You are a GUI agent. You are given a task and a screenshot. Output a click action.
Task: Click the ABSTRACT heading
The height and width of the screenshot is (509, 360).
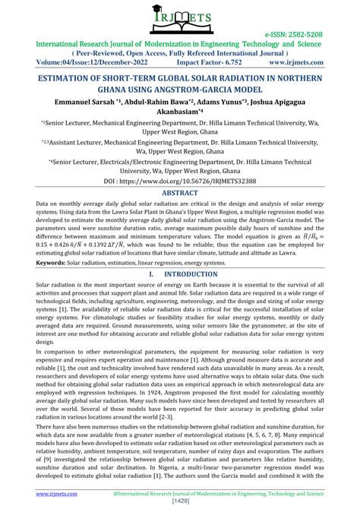coord(180,194)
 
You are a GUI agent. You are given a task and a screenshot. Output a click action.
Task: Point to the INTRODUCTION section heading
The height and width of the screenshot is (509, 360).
coord(191,273)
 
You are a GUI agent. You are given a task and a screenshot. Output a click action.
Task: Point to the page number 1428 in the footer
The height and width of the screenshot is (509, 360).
coord(180,501)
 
